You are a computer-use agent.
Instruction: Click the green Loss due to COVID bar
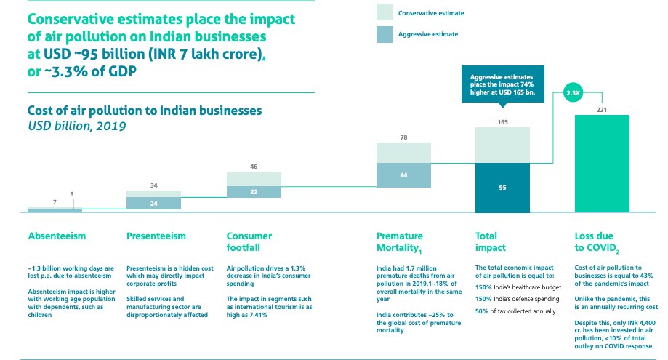coord(602,164)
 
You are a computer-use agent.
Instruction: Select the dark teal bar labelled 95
coord(502,187)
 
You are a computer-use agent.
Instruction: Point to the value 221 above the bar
coord(602,109)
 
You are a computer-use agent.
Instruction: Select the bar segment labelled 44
coord(403,175)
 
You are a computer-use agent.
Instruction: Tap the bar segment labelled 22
coord(254,191)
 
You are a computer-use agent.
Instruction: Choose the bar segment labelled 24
coord(153,204)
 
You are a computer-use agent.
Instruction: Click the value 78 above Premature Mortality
coord(403,137)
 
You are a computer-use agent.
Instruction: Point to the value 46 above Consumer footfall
coord(254,167)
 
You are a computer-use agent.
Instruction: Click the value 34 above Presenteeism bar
coord(153,185)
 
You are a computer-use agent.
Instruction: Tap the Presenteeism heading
coord(156,236)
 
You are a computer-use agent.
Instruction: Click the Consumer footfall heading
coord(249,241)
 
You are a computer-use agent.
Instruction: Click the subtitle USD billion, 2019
coord(76,125)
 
